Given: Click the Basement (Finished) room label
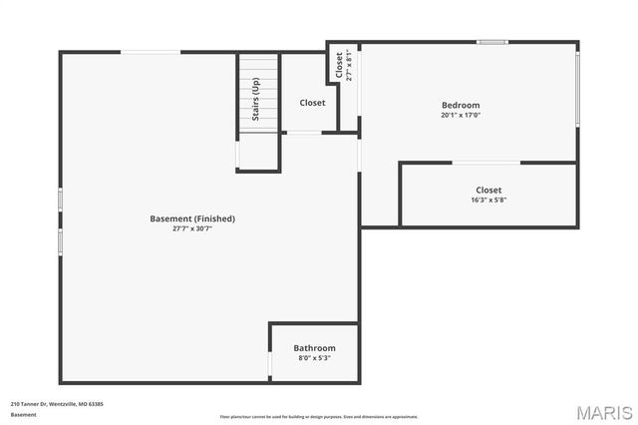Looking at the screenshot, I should [192, 218].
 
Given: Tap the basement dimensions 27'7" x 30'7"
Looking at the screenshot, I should [192, 228].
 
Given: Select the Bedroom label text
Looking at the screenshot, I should [461, 105].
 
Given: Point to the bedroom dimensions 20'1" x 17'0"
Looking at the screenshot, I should [461, 115].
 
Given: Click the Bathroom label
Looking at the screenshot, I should [314, 348].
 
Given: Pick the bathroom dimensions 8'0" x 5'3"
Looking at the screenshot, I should [314, 358].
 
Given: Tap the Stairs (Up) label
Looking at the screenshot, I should [256, 101].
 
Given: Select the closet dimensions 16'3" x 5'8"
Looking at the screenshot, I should [488, 200].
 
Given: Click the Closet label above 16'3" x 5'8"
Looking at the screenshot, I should [488, 190].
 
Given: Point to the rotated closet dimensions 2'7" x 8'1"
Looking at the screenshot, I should [348, 67].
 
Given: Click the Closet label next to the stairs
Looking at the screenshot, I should [312, 102].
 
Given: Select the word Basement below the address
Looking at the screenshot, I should [23, 414].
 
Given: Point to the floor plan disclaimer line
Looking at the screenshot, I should [319, 417].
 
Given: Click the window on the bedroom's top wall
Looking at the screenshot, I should [491, 42].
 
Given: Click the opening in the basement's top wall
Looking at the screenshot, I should [152, 52].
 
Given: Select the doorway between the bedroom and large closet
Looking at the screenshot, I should [485, 162].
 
